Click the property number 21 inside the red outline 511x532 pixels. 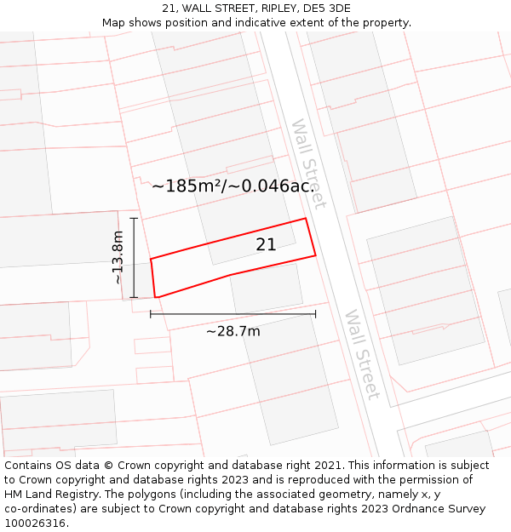[x=266, y=244]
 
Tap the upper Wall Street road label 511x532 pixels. [x=308, y=163]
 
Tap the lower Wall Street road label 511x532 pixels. [x=361, y=354]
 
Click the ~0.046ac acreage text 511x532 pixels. [x=275, y=186]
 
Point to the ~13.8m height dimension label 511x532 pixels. [x=118, y=258]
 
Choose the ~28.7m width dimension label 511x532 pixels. [x=233, y=331]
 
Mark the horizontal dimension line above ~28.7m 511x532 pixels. [x=233, y=314]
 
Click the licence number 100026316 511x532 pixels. [x=36, y=523]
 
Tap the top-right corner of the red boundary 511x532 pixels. [x=306, y=219]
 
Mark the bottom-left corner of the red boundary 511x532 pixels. [x=156, y=297]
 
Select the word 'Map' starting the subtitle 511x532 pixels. [x=114, y=22]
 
